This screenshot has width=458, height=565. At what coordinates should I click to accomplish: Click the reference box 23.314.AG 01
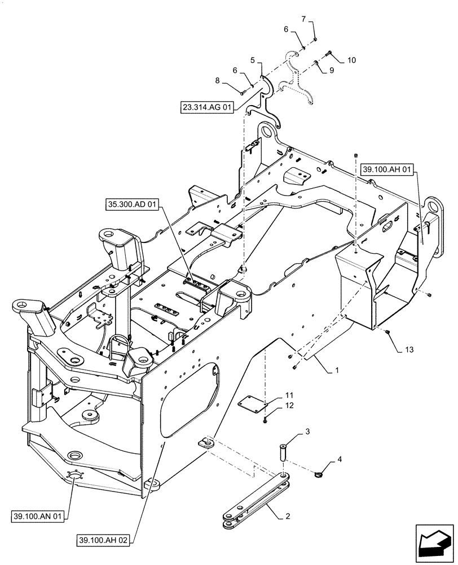click(207, 106)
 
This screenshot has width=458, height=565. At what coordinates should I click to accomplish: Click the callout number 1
click(337, 370)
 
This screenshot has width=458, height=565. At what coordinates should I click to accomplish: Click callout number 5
click(252, 59)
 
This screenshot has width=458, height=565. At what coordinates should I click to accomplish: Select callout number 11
click(288, 394)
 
